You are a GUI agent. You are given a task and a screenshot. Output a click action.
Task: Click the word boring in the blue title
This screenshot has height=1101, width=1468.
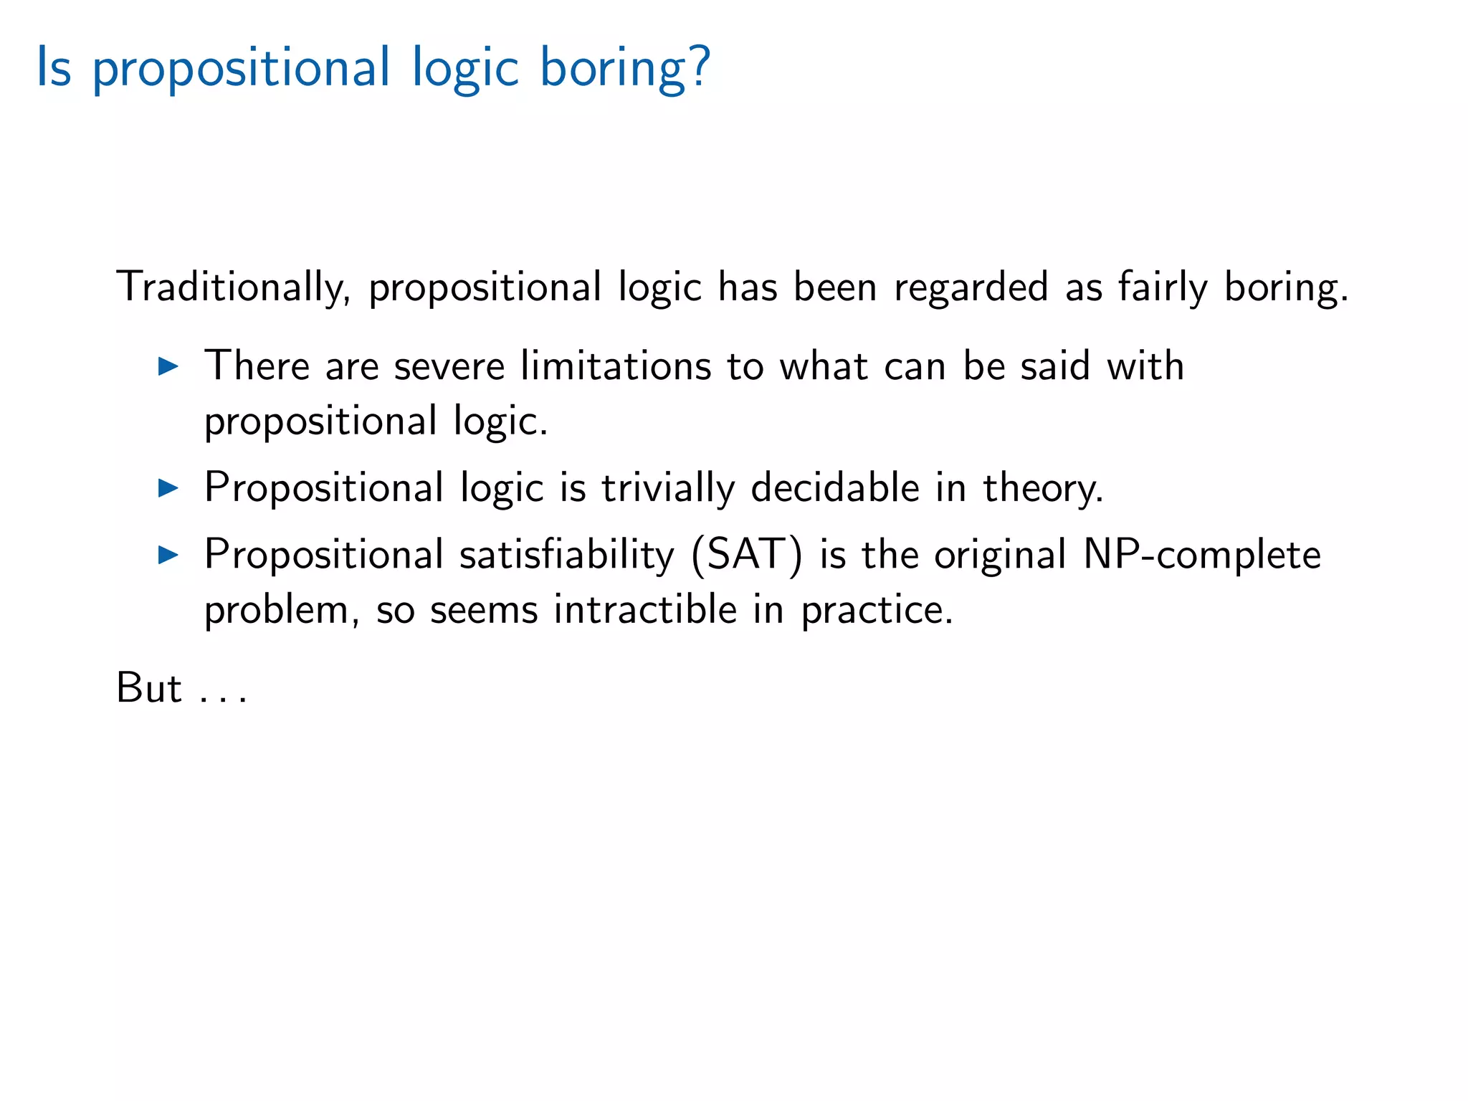pos(613,68)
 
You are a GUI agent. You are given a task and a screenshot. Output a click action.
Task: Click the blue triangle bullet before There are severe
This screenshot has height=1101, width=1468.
pos(168,367)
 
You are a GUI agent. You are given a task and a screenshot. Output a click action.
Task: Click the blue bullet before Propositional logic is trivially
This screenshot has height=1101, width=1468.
pos(168,489)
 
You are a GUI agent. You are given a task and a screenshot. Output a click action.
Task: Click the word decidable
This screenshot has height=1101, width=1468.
pos(835,487)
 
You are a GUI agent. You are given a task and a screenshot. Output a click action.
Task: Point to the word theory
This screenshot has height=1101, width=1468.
pos(1042,489)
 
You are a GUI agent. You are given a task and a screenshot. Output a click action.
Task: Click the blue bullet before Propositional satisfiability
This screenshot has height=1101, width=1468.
pos(168,554)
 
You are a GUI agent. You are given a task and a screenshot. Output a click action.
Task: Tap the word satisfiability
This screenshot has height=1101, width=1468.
pos(567,556)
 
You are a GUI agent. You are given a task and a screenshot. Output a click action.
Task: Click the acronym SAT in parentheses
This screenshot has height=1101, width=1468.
pos(746,555)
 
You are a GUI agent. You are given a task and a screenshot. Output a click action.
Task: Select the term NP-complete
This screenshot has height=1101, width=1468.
pos(1201,555)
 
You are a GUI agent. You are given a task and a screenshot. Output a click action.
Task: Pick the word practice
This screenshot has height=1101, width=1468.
pos(876,611)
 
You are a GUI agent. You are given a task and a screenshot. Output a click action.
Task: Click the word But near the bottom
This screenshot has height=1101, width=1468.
pos(149,688)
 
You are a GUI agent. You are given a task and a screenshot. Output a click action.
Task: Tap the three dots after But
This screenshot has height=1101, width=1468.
pos(224,700)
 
